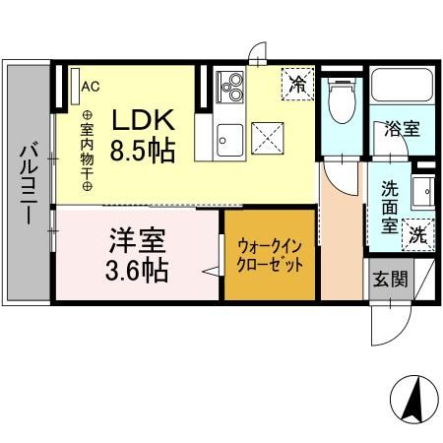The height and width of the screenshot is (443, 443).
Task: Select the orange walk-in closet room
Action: tap(269, 257)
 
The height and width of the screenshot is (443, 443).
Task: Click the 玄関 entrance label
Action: tap(389, 279)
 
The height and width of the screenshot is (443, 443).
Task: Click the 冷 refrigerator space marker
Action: tap(295, 83)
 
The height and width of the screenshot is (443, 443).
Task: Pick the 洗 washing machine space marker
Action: tap(418, 235)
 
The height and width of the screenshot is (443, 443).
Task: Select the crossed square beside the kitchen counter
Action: tap(268, 134)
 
